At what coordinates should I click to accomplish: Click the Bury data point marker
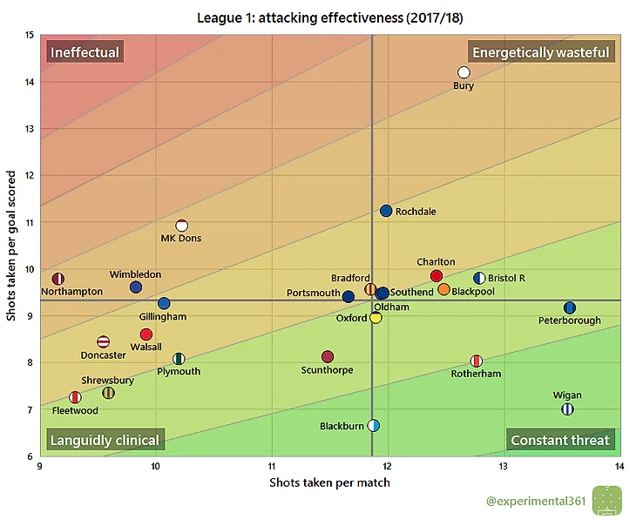(x=463, y=72)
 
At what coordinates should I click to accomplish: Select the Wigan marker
(x=567, y=409)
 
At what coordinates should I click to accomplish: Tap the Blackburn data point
(x=374, y=425)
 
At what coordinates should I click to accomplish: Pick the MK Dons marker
(x=182, y=226)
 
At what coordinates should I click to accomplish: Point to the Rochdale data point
(x=386, y=211)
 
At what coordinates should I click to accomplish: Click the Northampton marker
(x=58, y=279)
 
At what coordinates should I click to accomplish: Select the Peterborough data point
(x=570, y=307)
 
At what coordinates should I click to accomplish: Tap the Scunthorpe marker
(x=328, y=357)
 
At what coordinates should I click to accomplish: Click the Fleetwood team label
(x=75, y=410)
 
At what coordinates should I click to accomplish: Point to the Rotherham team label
(x=476, y=374)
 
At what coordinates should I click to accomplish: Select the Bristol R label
(x=506, y=279)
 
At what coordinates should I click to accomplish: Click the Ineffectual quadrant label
(x=85, y=52)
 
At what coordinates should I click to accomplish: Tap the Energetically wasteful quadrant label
(x=541, y=52)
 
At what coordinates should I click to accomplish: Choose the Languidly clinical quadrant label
(x=105, y=440)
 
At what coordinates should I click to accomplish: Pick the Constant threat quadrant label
(x=560, y=440)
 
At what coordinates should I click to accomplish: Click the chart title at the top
(x=329, y=17)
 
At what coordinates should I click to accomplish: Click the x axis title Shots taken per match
(x=329, y=483)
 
